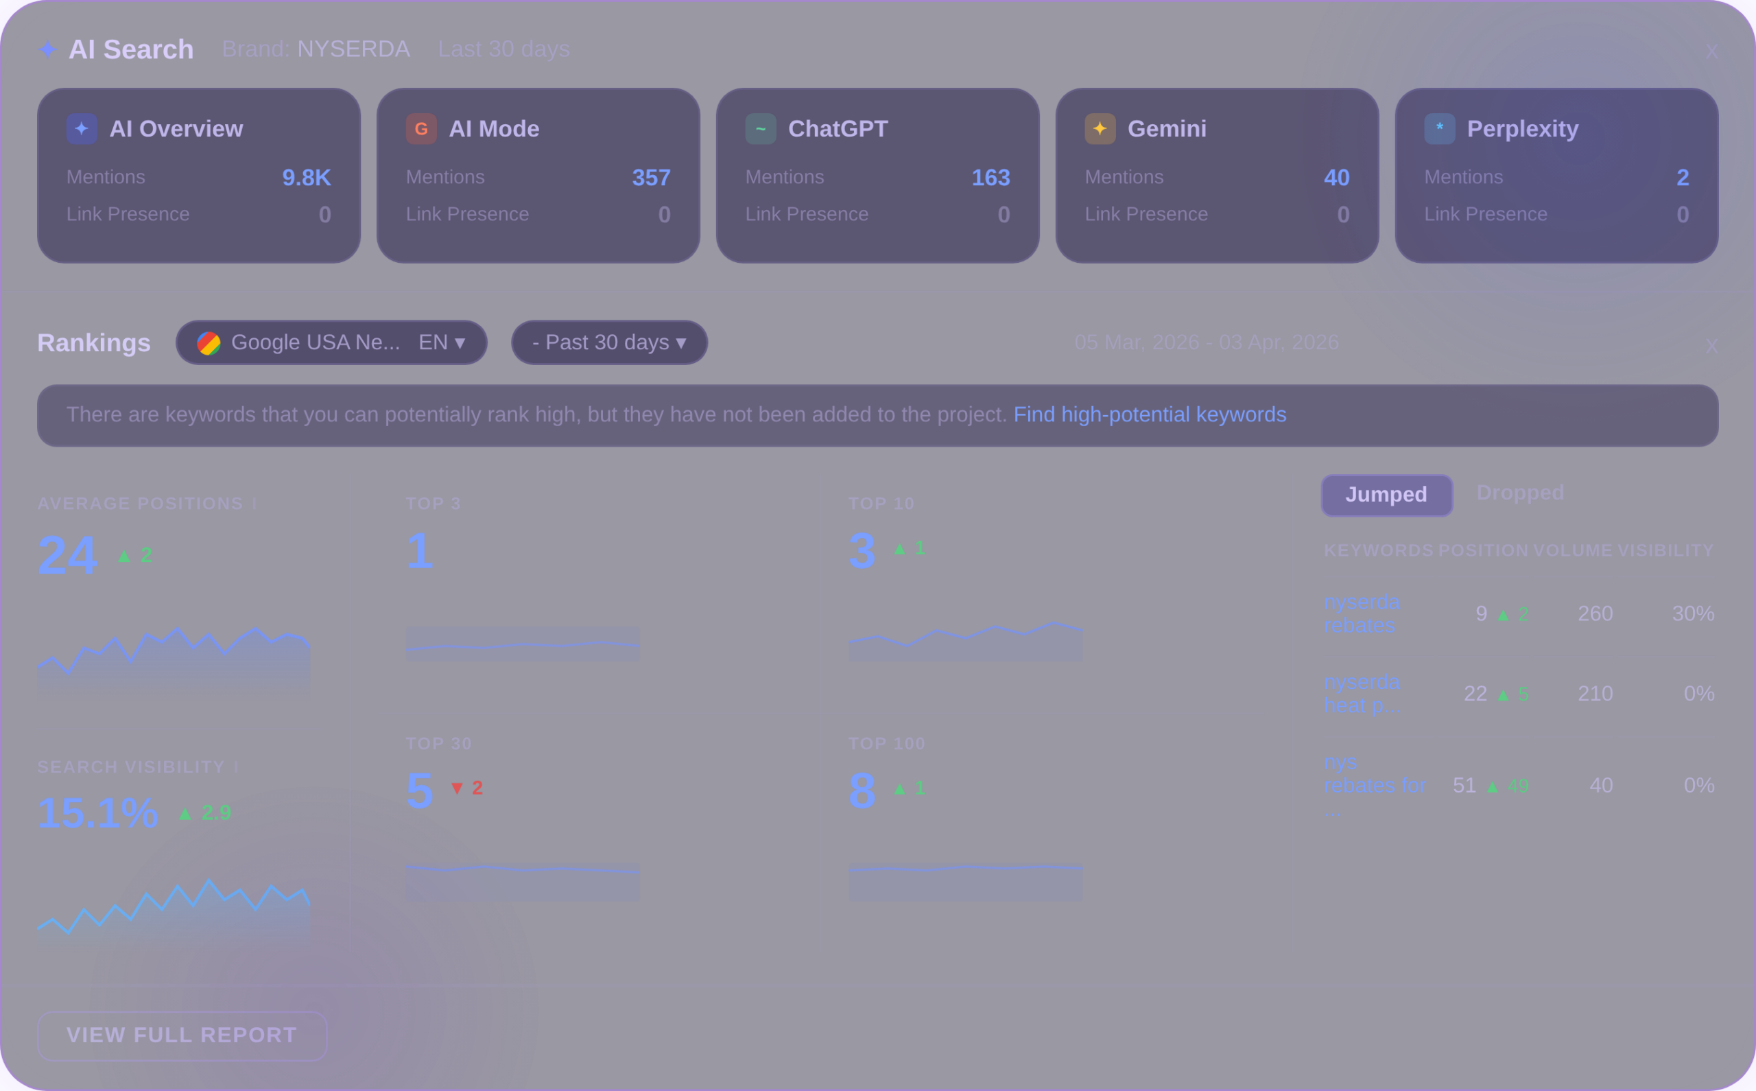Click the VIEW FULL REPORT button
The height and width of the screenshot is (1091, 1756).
click(182, 1035)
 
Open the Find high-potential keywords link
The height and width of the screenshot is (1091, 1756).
click(1150, 414)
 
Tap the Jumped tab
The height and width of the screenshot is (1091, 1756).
click(1386, 495)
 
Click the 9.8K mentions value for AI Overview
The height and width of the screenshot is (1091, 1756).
click(306, 178)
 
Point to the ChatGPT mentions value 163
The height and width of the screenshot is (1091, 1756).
click(990, 178)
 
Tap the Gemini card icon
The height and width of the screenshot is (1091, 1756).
click(1100, 128)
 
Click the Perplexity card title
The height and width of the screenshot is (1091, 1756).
click(1522, 128)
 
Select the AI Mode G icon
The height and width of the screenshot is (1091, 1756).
click(421, 128)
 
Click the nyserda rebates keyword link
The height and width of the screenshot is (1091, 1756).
click(1361, 613)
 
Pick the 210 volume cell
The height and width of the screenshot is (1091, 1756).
click(1595, 694)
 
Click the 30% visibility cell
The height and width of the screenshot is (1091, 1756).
click(1692, 613)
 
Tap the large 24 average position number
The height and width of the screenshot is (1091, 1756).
click(67, 555)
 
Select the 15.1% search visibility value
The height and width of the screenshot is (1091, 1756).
click(97, 813)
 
